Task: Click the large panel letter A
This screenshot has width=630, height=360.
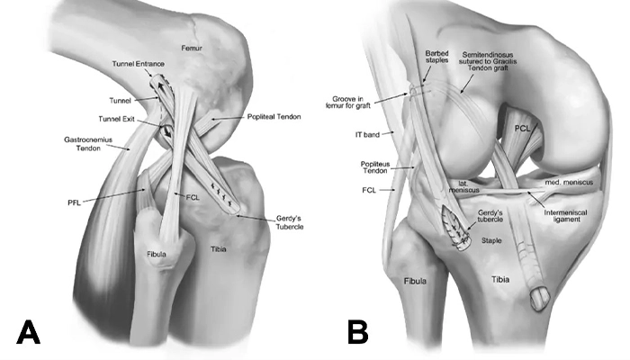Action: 28,332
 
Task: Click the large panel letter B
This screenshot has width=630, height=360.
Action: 358,332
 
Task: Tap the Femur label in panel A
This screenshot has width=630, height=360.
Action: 192,49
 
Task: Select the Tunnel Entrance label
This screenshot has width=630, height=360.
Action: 139,64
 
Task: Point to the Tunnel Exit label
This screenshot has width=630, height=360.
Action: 116,120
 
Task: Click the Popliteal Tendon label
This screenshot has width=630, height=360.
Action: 274,117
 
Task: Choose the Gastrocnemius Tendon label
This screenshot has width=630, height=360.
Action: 88,144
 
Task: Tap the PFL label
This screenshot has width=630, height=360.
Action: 75,202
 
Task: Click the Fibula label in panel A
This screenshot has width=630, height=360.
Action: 157,254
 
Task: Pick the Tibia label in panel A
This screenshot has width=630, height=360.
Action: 219,249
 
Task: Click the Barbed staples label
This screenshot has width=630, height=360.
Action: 437,57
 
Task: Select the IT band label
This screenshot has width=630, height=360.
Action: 367,135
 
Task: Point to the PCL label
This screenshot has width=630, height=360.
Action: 523,129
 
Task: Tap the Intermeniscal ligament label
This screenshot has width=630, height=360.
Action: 566,216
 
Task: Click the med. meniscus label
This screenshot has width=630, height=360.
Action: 569,183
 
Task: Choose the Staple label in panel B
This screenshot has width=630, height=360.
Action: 491,240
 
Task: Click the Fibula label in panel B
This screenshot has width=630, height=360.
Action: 415,281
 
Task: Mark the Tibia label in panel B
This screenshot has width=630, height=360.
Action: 500,279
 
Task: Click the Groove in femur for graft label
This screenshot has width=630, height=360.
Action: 347,102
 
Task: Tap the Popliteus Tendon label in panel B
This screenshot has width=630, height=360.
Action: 375,167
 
